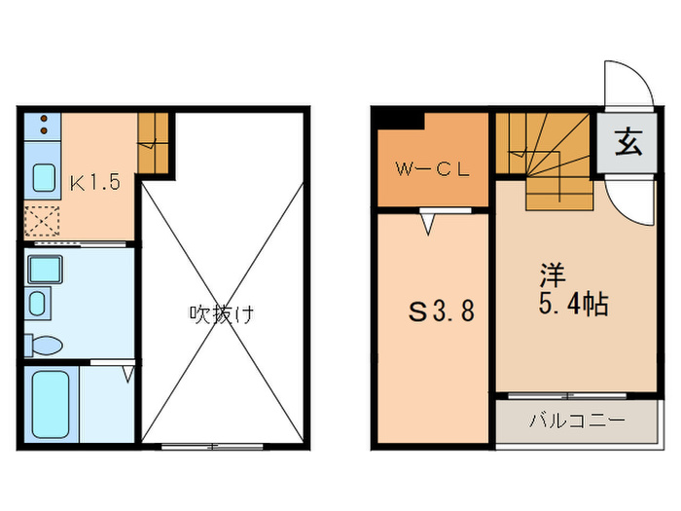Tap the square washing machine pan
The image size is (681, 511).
click(45, 268)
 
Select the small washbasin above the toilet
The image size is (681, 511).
click(38, 303)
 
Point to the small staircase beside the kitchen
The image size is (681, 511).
click(154, 143)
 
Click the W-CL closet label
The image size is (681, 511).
click(432, 167)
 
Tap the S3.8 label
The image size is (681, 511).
click(440, 313)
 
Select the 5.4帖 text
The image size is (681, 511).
click(573, 304)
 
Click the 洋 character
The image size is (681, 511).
click(551, 274)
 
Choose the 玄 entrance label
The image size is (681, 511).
click(627, 146)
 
